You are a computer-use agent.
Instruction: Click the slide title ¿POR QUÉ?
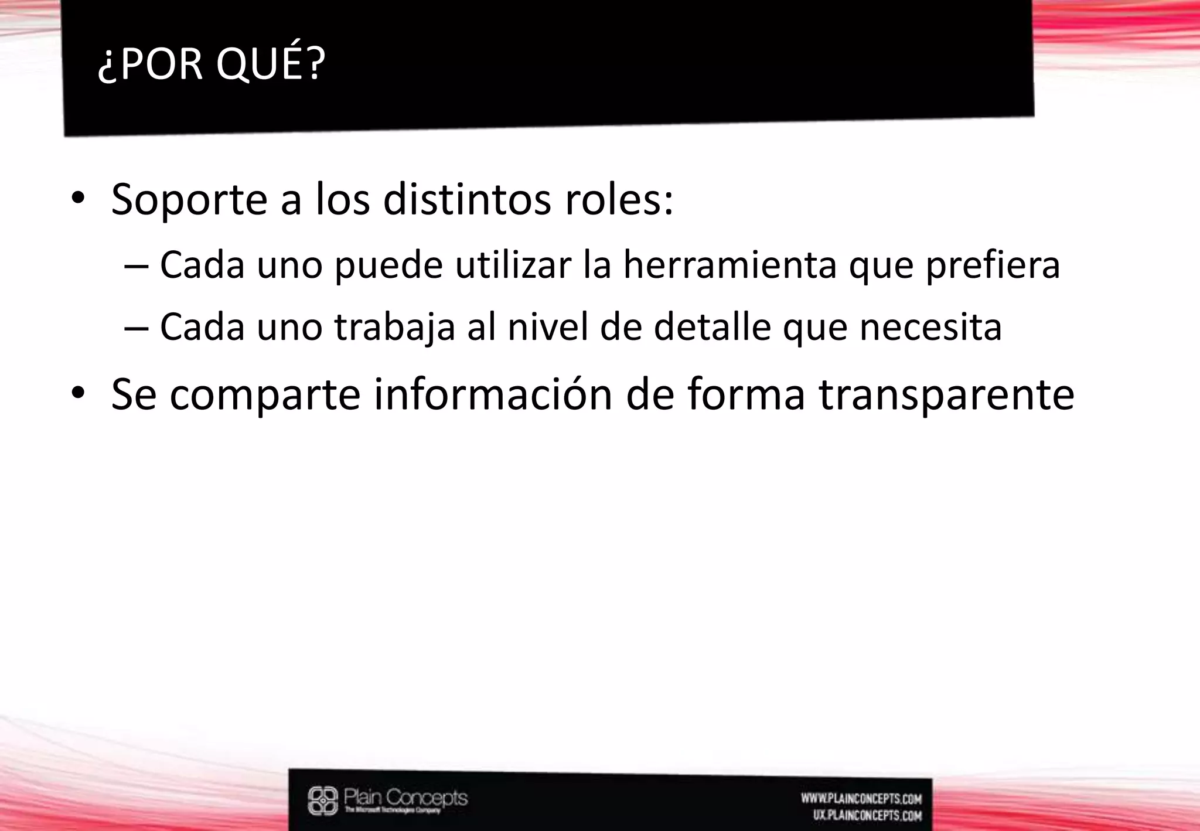pos(211,64)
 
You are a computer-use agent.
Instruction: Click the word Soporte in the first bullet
pos(189,200)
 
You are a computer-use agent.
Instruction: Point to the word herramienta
pos(729,265)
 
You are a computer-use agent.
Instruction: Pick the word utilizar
pos(513,265)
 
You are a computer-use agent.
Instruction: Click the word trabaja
pos(394,327)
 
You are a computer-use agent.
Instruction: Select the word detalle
pos(712,326)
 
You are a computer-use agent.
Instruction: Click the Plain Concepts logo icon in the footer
pos(323,801)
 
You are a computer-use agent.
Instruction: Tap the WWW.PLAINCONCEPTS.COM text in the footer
pos(861,799)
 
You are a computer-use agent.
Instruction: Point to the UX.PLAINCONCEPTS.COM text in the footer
pos(867,815)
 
